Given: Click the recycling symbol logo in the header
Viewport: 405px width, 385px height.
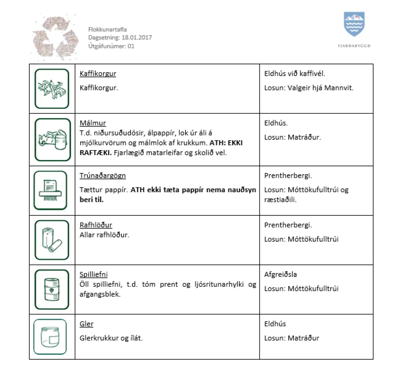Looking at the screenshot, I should point(55,38).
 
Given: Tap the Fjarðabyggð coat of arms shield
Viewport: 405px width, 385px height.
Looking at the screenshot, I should point(354,25).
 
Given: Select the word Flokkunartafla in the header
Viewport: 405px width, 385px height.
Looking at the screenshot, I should point(107,29).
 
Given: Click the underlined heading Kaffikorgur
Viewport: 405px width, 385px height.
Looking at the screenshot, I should point(98,74).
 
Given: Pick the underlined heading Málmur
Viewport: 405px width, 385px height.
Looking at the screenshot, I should point(93,123).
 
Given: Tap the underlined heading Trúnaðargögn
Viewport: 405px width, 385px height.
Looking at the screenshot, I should point(102,175).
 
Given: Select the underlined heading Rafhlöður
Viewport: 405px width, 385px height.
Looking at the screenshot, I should point(96,225).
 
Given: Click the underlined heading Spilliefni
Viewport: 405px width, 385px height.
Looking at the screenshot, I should point(93,274).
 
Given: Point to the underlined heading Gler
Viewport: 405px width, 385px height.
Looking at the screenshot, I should point(86,324).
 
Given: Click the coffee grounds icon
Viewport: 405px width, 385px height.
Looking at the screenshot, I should point(52,89).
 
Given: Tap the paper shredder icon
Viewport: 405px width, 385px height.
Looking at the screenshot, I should point(51,190).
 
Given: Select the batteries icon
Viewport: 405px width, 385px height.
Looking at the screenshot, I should point(52,240).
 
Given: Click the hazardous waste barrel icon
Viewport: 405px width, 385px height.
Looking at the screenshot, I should point(52,290).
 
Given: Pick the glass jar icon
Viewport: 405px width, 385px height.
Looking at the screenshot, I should point(51,337).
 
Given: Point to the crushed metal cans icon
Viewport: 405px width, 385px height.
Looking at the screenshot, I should point(52,139).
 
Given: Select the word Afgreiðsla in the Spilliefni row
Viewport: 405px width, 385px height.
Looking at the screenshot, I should point(280,274).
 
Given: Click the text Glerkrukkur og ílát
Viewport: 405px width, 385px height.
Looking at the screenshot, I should point(111,338).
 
